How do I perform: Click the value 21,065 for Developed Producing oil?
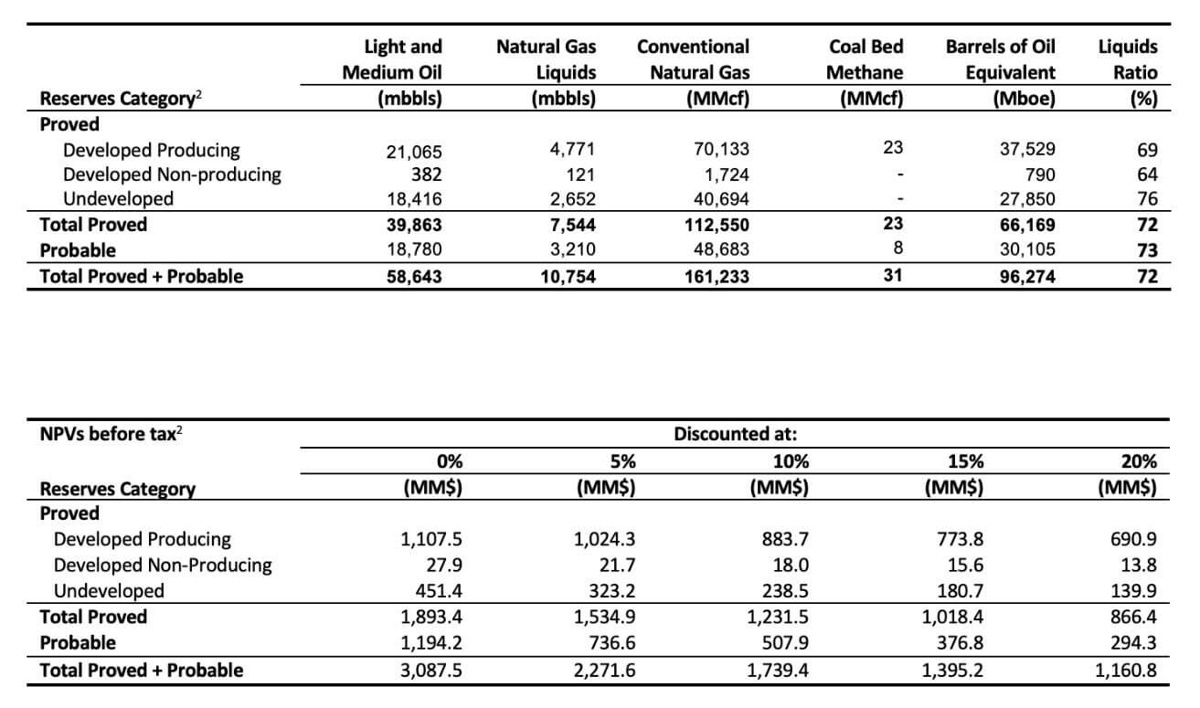tap(414, 152)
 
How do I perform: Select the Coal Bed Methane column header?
tap(865, 59)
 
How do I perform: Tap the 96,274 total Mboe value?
tap(1027, 276)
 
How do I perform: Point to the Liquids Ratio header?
tap(1128, 59)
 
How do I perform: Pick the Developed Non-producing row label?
tap(172, 174)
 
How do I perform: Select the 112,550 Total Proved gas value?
tap(717, 225)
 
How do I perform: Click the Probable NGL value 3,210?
tap(572, 249)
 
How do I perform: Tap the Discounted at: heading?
tap(736, 434)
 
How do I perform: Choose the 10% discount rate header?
tap(791, 461)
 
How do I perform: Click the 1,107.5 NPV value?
tap(431, 539)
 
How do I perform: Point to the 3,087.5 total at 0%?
tap(431, 671)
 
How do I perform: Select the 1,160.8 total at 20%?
tap(1126, 671)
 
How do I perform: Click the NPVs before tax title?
tap(111, 434)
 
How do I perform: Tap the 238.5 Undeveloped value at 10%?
tap(785, 591)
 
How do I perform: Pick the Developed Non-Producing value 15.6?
tap(960, 565)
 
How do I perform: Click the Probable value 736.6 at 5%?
tap(612, 642)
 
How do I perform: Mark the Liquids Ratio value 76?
tap(1148, 198)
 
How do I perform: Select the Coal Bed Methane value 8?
tap(897, 248)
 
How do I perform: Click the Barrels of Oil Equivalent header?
tap(1001, 59)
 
